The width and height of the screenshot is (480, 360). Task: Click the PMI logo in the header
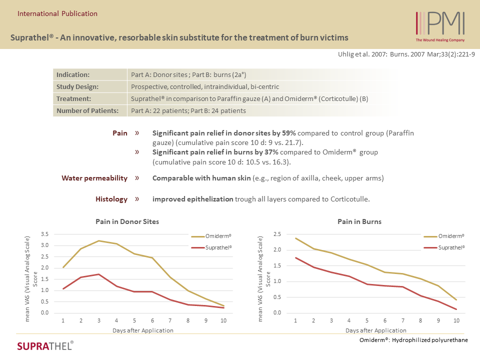(440, 25)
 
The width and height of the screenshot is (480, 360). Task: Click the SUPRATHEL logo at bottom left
(45, 345)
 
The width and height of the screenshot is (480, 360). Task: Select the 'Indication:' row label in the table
(73, 74)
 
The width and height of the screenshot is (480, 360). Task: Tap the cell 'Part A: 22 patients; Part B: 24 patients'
(188, 110)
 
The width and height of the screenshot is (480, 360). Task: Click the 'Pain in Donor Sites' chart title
(127, 221)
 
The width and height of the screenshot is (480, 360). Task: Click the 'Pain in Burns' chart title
(359, 221)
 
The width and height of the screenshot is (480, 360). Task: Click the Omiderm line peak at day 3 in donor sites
(99, 240)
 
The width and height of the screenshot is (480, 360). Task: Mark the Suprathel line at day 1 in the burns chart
(295, 257)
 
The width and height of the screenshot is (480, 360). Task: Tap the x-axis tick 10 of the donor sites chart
(223, 320)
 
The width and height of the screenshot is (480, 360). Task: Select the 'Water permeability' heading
(94, 178)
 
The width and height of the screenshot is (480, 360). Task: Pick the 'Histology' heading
(111, 199)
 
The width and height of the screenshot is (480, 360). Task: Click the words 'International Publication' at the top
(57, 13)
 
